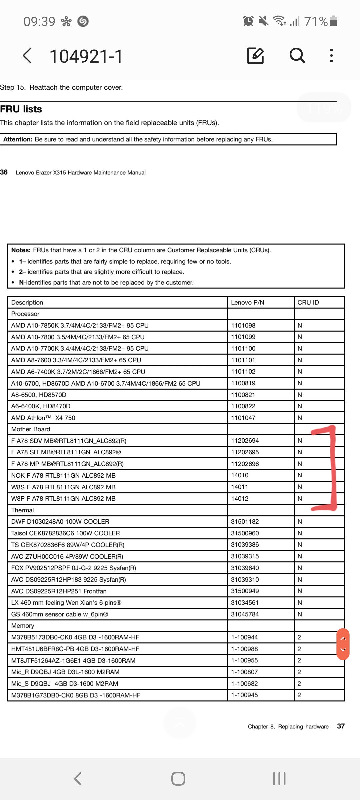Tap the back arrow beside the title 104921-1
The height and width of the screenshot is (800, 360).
tap(28, 55)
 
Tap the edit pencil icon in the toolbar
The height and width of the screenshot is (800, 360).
tap(255, 55)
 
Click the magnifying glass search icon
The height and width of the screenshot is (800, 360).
tap(297, 55)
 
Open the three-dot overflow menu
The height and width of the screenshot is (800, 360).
tap(331, 55)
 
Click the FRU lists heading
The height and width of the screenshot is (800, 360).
tap(21, 109)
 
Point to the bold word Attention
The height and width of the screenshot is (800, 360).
tap(18, 139)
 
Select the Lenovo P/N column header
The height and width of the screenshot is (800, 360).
tap(247, 302)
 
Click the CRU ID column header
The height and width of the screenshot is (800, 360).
tap(308, 302)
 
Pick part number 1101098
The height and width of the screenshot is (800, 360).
tap(243, 325)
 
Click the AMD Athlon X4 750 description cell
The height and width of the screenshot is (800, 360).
tap(43, 418)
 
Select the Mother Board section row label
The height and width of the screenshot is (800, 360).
tap(31, 429)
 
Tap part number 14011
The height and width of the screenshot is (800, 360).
tap(240, 487)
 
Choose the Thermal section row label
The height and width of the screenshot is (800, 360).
tap(22, 510)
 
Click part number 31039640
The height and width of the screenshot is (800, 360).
tap(245, 568)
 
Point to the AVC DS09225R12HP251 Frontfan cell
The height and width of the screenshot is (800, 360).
tap(59, 591)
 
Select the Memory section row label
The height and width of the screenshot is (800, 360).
tap(23, 626)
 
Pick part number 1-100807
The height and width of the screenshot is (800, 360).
tap(244, 672)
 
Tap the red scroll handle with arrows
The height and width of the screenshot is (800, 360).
tap(343, 644)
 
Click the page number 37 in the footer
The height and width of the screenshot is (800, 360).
tap(341, 726)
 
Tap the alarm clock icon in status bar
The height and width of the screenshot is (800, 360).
tap(248, 21)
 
